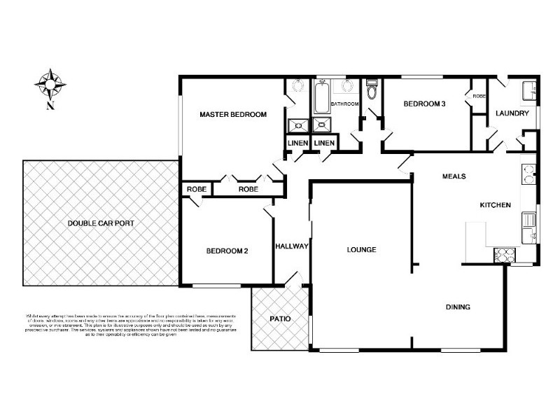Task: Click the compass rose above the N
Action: [50, 84]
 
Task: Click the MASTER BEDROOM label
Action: [232, 115]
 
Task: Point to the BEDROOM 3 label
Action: [424, 104]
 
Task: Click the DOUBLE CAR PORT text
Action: [101, 223]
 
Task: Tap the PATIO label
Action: [280, 319]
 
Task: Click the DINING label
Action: [458, 307]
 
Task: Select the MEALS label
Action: [454, 176]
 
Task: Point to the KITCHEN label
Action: [495, 205]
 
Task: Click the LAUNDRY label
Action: [512, 113]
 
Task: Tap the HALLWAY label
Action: [292, 246]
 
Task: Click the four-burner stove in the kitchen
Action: [503, 255]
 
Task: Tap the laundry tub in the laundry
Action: [530, 90]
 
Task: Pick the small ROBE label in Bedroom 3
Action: [479, 96]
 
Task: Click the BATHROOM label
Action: [344, 104]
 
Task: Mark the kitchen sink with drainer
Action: [528, 223]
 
